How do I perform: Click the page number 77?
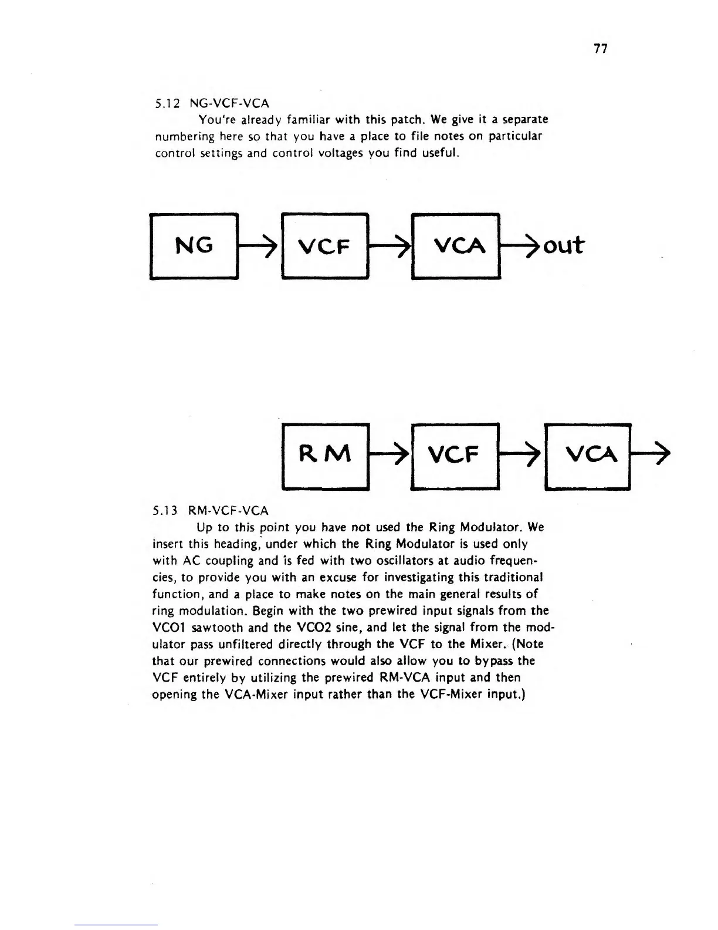(600, 49)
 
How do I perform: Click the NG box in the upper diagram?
(194, 245)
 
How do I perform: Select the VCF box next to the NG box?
(325, 247)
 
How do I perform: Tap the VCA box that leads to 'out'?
(456, 247)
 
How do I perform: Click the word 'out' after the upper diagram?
(564, 245)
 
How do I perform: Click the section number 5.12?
(166, 103)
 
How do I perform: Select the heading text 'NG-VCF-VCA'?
(230, 103)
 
